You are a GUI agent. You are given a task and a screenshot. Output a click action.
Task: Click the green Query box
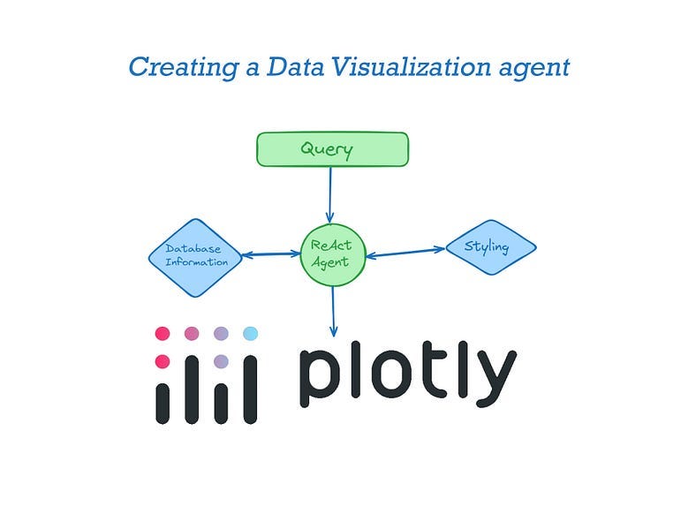click(x=332, y=149)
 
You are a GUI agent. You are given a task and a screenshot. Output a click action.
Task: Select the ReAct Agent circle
click(x=332, y=255)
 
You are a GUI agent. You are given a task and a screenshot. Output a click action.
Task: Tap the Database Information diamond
click(x=196, y=257)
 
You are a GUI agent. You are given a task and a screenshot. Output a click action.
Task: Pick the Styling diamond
click(x=489, y=247)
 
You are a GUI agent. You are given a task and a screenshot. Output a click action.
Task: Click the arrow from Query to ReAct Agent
click(x=330, y=194)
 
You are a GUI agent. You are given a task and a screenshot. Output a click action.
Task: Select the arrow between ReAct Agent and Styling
click(x=405, y=253)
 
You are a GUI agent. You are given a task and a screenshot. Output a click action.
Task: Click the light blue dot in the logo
click(x=250, y=333)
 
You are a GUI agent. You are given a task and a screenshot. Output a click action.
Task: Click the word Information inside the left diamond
click(x=196, y=262)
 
